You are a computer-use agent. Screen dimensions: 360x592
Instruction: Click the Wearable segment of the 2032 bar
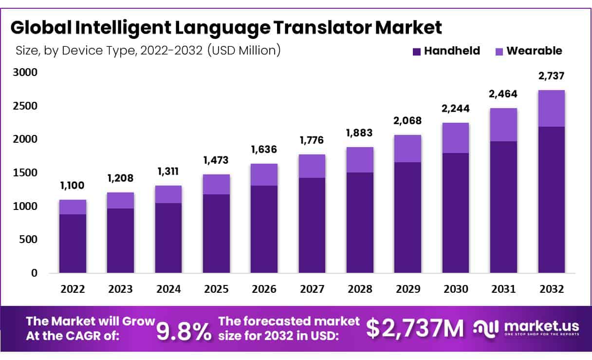click(x=551, y=108)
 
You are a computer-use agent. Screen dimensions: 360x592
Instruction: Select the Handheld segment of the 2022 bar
click(x=73, y=243)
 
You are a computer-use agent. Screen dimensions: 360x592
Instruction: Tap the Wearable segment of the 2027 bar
click(x=312, y=166)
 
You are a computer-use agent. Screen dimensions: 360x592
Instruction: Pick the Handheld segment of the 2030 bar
click(x=455, y=212)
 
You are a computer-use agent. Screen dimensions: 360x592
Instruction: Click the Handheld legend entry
click(x=445, y=51)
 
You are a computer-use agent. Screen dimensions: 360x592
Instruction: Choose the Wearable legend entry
click(x=528, y=51)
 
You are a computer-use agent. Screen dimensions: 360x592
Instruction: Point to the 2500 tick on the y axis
click(x=24, y=106)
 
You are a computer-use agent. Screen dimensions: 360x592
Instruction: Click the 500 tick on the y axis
click(x=27, y=240)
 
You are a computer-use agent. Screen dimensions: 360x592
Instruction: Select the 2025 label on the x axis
click(x=216, y=289)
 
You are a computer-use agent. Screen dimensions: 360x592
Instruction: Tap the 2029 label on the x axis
click(x=407, y=289)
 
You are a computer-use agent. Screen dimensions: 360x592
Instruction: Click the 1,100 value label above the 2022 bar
click(x=73, y=185)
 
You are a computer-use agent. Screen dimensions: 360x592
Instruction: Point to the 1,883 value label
click(x=360, y=133)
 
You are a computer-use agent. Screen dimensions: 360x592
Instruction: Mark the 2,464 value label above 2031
click(x=503, y=94)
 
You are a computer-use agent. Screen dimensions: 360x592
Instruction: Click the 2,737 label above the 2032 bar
click(x=551, y=76)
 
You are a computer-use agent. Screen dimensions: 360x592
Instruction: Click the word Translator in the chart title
click(x=317, y=28)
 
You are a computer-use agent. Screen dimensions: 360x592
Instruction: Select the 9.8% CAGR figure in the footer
click(x=184, y=330)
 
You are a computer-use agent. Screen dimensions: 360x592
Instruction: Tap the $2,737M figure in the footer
click(x=415, y=328)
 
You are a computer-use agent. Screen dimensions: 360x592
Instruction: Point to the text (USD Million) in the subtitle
click(x=244, y=50)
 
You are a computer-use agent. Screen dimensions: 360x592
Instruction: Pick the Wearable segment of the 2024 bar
click(x=168, y=194)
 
